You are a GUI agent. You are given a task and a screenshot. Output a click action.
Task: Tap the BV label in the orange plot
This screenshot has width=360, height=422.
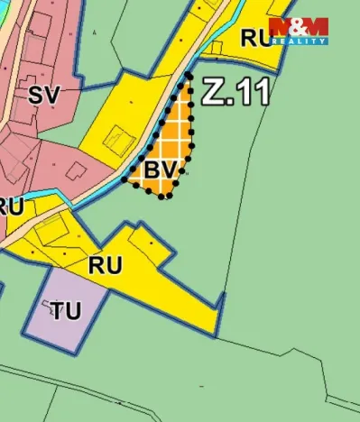tap(159, 169)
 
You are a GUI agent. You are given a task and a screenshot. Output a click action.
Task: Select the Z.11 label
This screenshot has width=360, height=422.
tap(235, 91)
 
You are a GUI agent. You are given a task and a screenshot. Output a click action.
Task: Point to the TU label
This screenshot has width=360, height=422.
tap(65, 311)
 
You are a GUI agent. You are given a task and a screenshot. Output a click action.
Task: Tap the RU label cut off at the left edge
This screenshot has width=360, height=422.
tap(9, 206)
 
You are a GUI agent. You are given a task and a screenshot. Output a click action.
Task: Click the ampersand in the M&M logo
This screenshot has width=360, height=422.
tap(299, 26)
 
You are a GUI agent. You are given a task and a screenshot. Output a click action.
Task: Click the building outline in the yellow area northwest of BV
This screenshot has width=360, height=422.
tap(117, 140)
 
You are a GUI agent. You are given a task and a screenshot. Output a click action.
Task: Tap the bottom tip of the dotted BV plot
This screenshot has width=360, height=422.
tap(163, 197)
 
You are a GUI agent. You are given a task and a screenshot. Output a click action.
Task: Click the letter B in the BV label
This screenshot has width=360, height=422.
tap(152, 169)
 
